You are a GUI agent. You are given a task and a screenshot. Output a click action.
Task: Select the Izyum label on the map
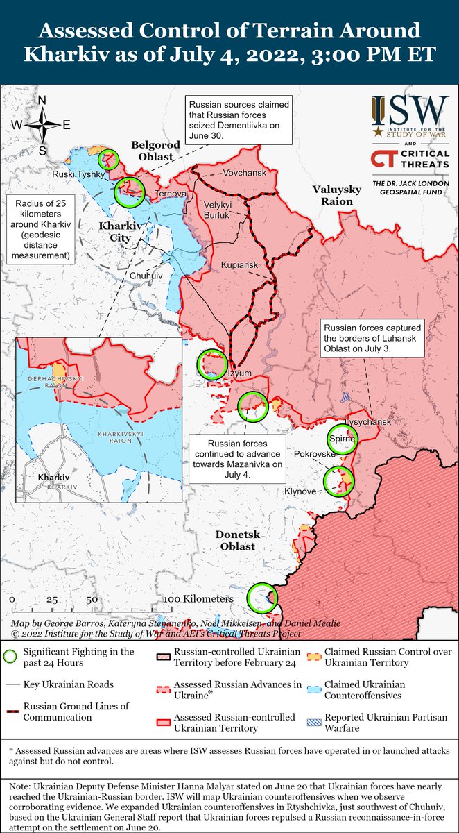241,373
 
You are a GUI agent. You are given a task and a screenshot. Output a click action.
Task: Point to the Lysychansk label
368,422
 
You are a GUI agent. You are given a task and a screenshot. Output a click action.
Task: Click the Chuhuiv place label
146,275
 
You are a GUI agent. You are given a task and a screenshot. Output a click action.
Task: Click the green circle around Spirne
343,438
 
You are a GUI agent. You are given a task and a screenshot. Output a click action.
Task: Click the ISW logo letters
409,111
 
